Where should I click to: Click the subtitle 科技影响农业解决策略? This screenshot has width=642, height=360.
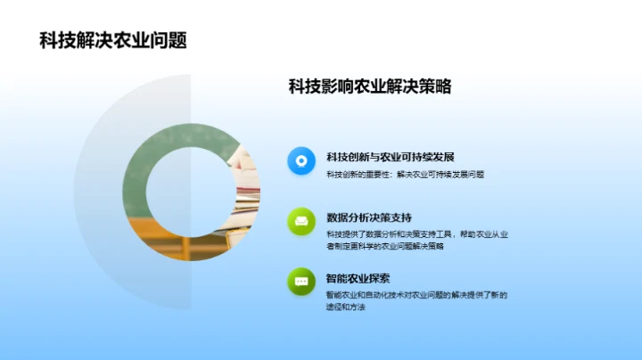[369, 87]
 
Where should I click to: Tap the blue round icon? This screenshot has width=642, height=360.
[301, 161]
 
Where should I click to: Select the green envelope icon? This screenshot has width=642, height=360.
[301, 221]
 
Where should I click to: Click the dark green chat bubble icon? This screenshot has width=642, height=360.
[301, 281]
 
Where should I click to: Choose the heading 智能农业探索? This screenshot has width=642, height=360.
[358, 278]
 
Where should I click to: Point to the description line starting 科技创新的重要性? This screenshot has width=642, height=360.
[405, 175]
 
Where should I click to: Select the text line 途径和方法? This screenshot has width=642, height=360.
[347, 307]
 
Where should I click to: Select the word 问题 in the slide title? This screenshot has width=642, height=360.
[169, 41]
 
